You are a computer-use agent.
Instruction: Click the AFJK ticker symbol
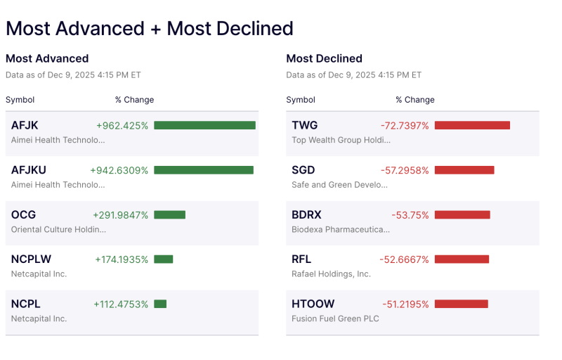(x=25, y=125)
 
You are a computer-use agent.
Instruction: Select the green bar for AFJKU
(x=203, y=170)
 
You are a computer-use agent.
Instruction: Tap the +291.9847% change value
(x=120, y=214)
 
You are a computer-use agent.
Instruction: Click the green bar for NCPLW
(x=163, y=259)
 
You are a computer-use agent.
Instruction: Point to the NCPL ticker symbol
(x=25, y=304)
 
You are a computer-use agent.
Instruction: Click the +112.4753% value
(x=121, y=304)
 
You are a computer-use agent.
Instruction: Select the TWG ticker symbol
(x=304, y=125)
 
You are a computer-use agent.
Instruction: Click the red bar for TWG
(x=472, y=125)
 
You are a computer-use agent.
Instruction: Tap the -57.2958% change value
(x=405, y=170)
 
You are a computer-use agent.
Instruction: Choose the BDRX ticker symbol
(x=306, y=214)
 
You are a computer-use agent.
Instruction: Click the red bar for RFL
(x=462, y=259)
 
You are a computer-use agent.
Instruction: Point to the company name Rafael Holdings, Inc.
(x=331, y=274)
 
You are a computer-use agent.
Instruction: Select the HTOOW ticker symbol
(x=313, y=304)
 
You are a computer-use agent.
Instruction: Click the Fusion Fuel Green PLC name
(x=335, y=319)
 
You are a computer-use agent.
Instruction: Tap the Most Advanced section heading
(x=47, y=58)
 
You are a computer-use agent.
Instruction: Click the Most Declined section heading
(x=324, y=58)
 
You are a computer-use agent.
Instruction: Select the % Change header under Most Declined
(x=414, y=100)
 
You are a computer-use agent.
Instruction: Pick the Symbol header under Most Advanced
(x=20, y=100)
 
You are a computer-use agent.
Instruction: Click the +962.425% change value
(x=122, y=125)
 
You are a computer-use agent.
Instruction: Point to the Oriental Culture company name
(x=58, y=229)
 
